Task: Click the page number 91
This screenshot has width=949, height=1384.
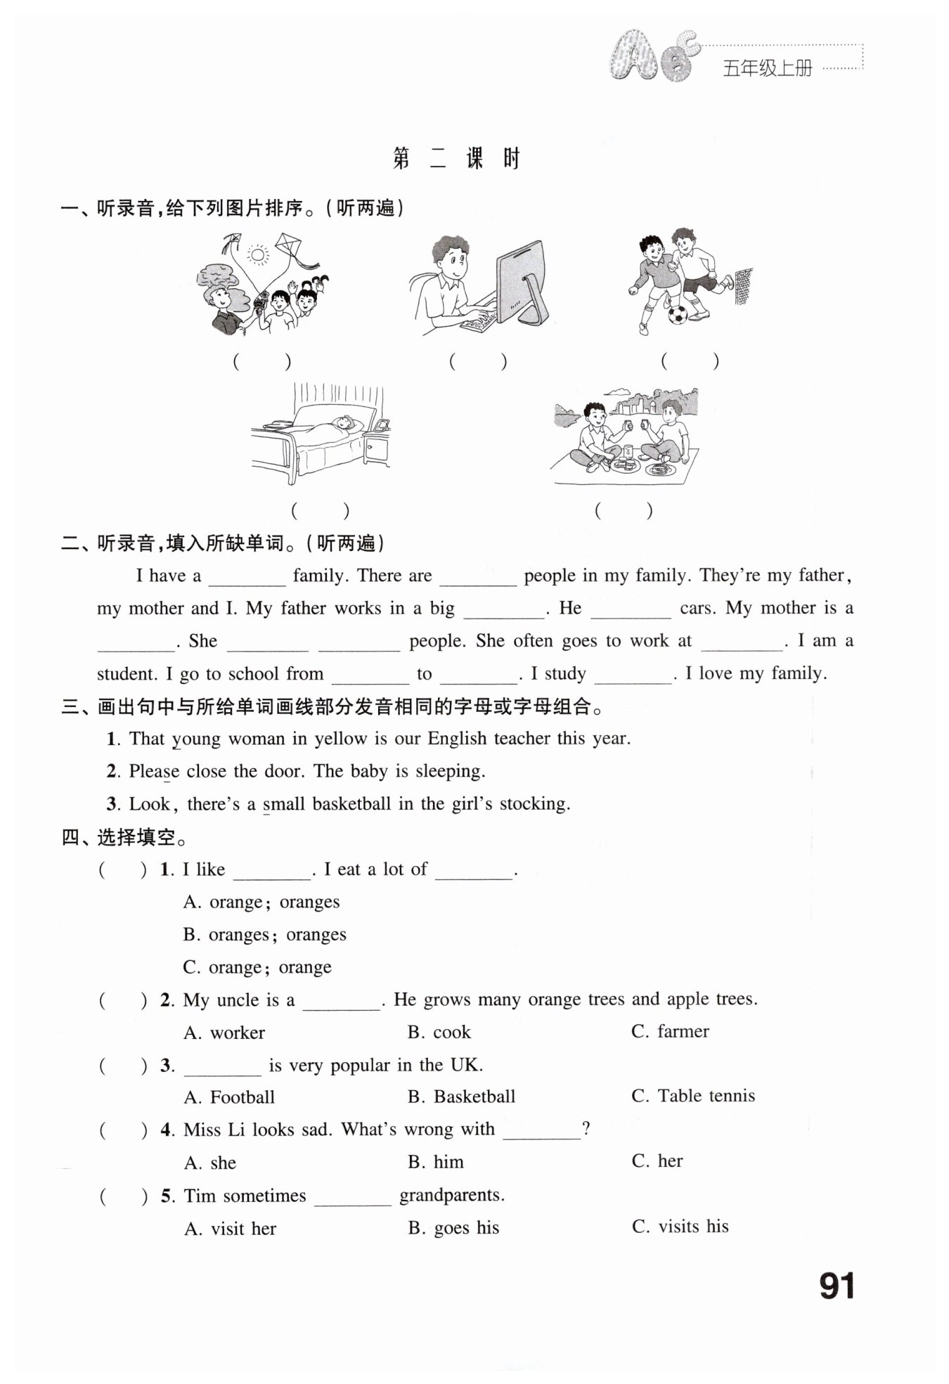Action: [837, 1286]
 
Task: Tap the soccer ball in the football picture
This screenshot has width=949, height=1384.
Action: [678, 313]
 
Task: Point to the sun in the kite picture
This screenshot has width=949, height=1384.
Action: [258, 254]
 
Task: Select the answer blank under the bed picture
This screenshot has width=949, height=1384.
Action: [321, 510]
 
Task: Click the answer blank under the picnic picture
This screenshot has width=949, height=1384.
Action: [624, 510]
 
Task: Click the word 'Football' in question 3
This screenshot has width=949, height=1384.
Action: [243, 1097]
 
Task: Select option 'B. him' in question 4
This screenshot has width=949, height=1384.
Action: [436, 1162]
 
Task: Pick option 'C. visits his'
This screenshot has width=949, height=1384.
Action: [680, 1227]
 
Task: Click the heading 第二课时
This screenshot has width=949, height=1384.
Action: [456, 159]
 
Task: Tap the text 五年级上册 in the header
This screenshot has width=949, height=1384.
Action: [768, 68]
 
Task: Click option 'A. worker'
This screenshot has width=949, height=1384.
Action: [224, 1033]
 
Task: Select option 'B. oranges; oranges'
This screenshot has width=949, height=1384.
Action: [264, 934]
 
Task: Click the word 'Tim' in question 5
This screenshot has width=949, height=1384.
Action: [200, 1196]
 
